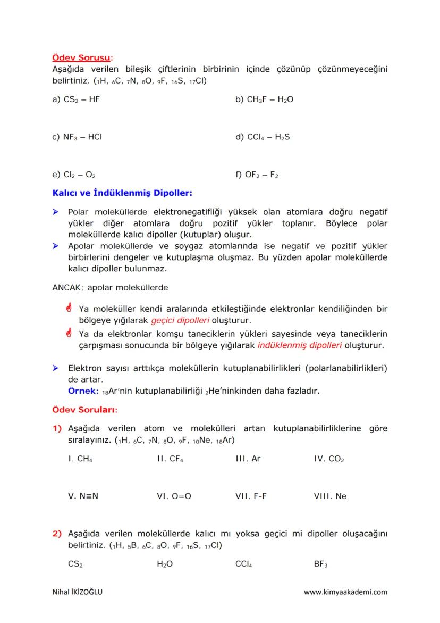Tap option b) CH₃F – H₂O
tap(264, 99)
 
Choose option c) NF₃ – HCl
tap(77, 137)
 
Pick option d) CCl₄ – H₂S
tap(263, 137)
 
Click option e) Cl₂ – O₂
tap(74, 174)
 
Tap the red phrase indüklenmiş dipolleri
tap(299, 345)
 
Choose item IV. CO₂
tap(329, 459)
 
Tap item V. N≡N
tap(83, 496)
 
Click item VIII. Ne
tap(330, 496)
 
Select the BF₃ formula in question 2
tap(321, 564)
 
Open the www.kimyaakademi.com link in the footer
tap(345, 592)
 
